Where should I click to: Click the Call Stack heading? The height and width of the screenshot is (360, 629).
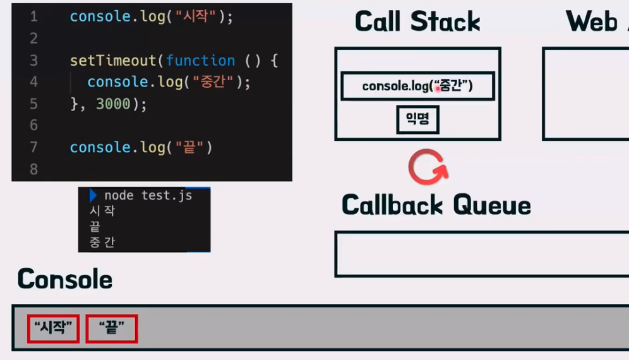click(x=417, y=21)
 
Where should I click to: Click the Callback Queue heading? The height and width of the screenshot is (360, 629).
click(x=436, y=205)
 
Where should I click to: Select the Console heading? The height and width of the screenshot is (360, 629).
click(x=65, y=279)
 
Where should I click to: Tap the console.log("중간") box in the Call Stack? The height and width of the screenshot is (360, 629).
click(x=417, y=86)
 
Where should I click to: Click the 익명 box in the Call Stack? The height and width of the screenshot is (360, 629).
click(x=417, y=119)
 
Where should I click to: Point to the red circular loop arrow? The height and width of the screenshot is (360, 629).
click(x=428, y=166)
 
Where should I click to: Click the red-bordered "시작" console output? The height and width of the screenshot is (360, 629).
click(x=53, y=328)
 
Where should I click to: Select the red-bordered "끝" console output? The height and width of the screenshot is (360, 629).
click(x=112, y=328)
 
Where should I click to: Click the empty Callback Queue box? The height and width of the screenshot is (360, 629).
click(x=480, y=254)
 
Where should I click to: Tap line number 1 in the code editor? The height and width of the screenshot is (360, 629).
click(x=33, y=17)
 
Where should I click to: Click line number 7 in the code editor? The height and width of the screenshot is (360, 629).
click(x=33, y=147)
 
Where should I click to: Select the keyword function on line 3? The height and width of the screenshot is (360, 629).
click(x=200, y=61)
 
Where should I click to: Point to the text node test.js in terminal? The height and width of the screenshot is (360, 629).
click(x=148, y=195)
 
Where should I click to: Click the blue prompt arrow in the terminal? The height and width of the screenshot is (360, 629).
click(x=93, y=195)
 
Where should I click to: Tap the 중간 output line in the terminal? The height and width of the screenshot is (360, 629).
click(x=102, y=242)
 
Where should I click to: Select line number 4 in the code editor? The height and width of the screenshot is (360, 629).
click(x=33, y=82)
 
